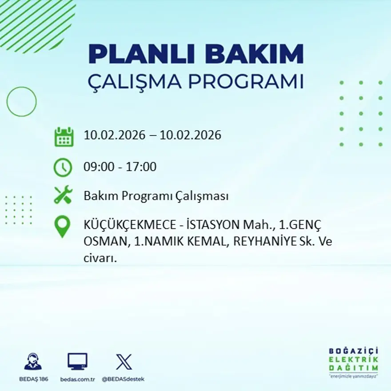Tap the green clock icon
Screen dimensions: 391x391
[63, 168]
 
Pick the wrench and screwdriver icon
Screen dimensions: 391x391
[63, 195]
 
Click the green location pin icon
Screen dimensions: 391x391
[63, 226]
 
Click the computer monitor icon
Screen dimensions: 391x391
[77, 362]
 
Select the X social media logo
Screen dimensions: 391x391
[124, 362]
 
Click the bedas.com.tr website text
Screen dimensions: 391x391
[77, 379]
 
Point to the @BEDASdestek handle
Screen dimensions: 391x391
[123, 379]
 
